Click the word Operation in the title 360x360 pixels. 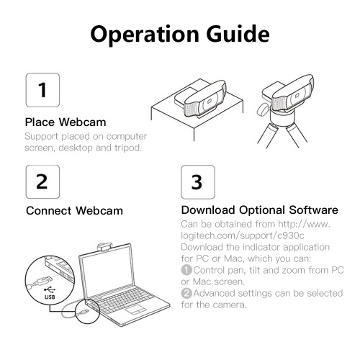(145, 35)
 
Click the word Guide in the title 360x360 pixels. (238, 34)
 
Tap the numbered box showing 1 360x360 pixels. (42, 90)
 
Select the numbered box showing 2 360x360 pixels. (42, 181)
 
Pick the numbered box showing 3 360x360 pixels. (198, 182)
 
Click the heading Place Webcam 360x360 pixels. (66, 122)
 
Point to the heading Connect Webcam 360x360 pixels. (74, 211)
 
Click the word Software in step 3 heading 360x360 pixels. (313, 210)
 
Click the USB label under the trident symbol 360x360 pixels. (50, 297)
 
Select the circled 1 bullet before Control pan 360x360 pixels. (186, 270)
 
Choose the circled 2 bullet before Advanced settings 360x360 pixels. (186, 293)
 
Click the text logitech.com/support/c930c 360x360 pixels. (243, 235)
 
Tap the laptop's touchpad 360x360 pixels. (135, 309)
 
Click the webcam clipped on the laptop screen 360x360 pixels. (105, 247)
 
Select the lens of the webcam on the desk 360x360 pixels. (209, 102)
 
